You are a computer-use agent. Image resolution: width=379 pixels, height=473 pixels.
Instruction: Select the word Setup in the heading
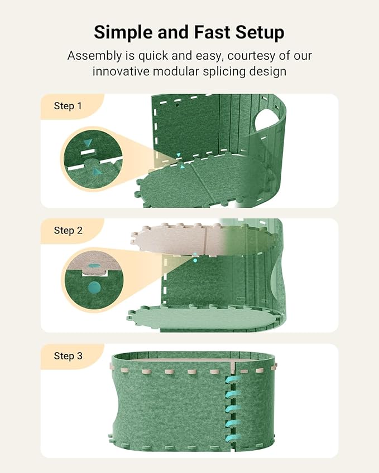[261, 32]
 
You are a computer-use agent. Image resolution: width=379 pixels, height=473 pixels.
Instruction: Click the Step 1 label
[68, 106]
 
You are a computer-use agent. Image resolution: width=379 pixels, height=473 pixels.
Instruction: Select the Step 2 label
[68, 230]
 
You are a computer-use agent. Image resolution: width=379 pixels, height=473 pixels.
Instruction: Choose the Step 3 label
[68, 355]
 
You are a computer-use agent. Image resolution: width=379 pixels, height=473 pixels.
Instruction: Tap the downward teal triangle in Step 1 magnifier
[88, 143]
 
